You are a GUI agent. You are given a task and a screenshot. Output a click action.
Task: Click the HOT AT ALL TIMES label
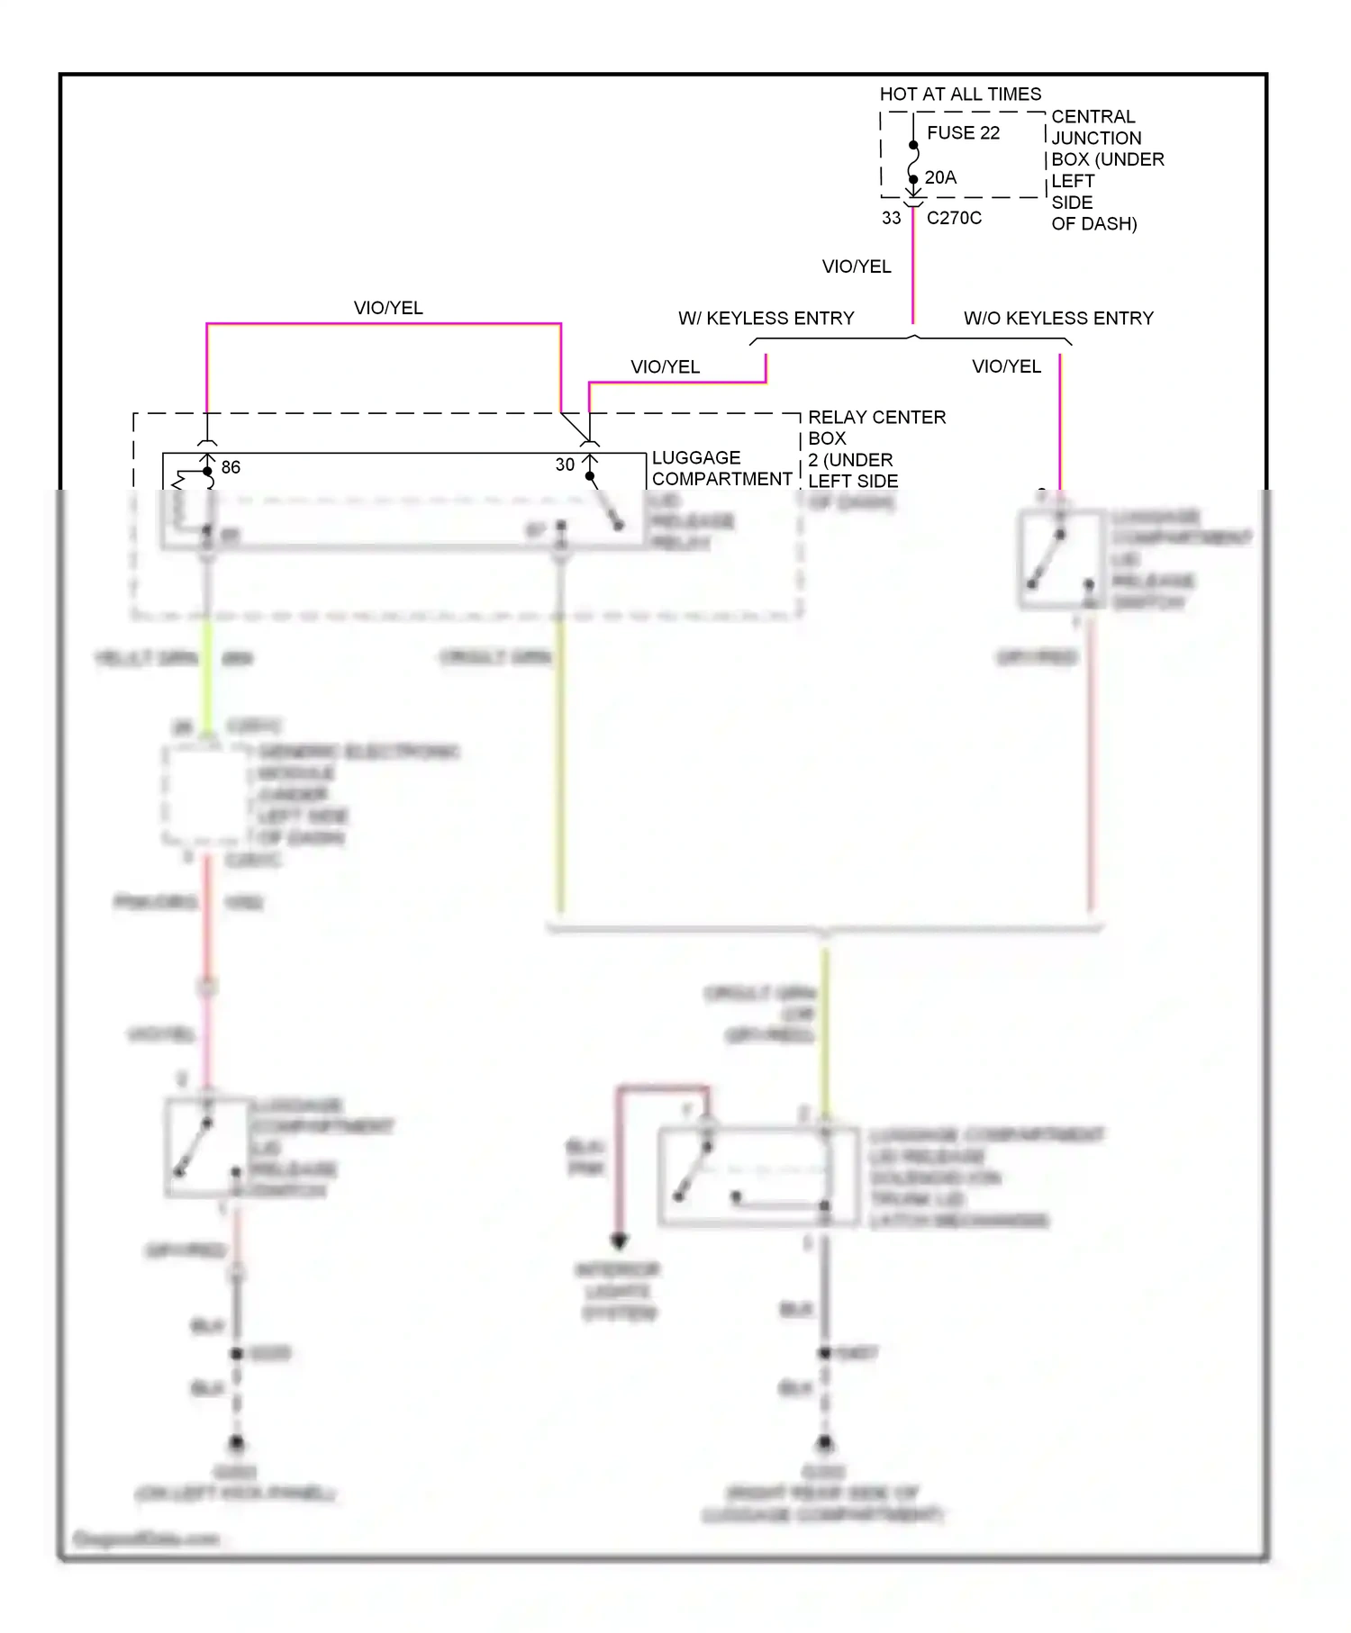960,95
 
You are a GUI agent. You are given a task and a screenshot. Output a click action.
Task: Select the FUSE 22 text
963,133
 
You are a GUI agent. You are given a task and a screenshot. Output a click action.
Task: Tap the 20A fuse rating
940,178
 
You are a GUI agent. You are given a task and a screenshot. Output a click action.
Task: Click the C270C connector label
954,218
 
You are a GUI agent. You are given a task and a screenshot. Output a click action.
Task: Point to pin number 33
891,218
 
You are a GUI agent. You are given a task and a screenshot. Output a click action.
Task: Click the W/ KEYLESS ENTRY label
766,319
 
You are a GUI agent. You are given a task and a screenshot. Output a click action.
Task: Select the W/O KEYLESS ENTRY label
1058,319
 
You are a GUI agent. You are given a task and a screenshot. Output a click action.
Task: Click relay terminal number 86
231,467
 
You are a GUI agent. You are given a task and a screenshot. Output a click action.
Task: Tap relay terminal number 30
565,465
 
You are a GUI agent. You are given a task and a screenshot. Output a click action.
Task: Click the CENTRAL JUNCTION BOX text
1094,138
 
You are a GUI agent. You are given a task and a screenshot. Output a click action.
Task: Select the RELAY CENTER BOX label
876,428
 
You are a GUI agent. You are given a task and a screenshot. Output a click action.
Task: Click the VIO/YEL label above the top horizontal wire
388,308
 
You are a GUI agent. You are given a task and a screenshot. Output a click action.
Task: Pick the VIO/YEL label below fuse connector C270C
857,266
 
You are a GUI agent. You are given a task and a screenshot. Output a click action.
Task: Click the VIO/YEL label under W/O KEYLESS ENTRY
1006,366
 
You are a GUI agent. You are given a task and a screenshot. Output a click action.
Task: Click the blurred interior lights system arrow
619,1241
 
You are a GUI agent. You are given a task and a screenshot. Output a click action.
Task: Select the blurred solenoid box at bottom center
758,1176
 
